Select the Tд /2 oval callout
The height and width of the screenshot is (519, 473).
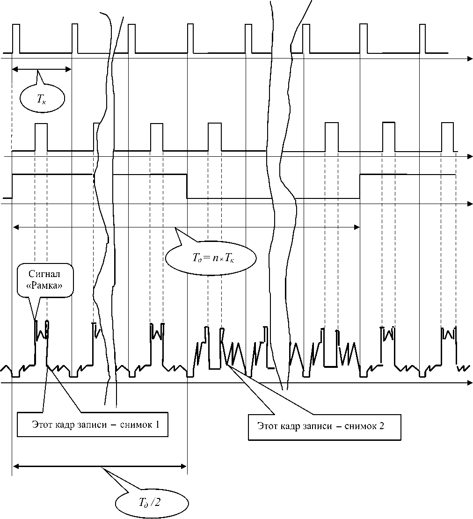tap(152, 503)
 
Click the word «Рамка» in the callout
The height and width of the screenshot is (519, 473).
tap(45, 286)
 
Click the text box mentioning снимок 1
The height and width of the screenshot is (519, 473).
tap(92, 425)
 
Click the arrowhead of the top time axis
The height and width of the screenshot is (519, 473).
tap(469, 59)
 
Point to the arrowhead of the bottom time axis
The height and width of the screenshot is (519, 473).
tap(469, 383)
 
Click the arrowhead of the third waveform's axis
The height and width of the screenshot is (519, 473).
tap(469, 204)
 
